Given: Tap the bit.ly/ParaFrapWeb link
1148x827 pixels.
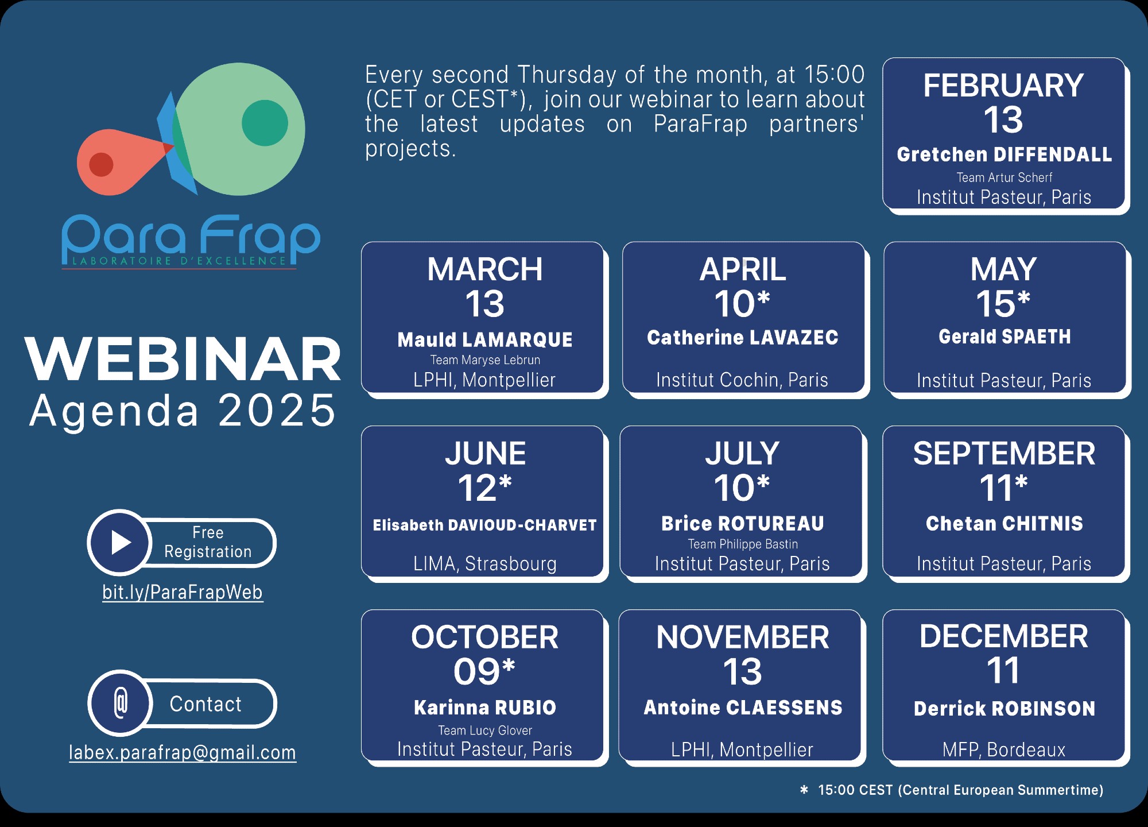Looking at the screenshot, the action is (183, 592).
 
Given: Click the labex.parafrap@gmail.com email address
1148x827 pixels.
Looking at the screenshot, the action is (183, 752).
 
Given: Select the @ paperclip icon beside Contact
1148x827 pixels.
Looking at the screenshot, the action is (121, 703).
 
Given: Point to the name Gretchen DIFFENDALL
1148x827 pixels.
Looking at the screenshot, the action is (1004, 154).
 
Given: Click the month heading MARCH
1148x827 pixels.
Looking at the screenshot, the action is (485, 269).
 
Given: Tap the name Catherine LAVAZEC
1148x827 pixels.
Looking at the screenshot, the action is (743, 338).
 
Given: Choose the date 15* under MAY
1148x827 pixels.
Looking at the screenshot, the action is (1003, 303).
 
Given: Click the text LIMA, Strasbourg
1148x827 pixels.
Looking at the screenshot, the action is (485, 563).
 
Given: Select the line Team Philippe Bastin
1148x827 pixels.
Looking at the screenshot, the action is (743, 544).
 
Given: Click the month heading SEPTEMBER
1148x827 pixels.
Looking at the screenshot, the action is (1004, 454).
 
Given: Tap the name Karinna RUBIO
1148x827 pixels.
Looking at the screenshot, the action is (485, 708).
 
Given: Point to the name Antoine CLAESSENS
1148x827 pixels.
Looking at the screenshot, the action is (743, 708).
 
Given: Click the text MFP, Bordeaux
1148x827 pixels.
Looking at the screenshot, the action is (1004, 749).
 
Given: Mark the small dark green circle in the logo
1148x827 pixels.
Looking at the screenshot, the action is (265, 123).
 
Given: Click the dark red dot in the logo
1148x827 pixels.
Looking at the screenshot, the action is (101, 165).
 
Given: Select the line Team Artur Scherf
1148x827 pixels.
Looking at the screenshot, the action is (1004, 177).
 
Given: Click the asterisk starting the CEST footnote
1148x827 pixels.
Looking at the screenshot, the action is (804, 790).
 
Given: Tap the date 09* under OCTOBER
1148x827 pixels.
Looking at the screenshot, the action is (484, 671).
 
